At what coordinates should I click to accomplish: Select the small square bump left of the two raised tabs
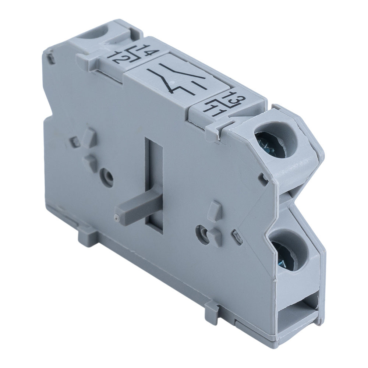pyautogui.click(x=75, y=142)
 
